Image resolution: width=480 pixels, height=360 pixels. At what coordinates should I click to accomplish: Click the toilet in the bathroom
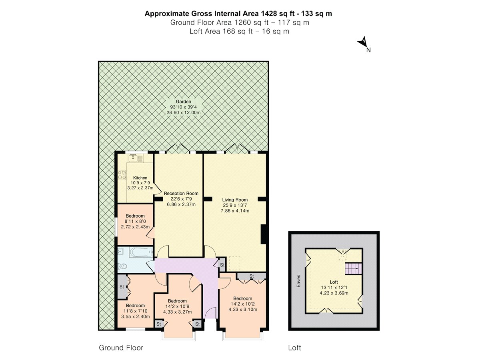[122, 266]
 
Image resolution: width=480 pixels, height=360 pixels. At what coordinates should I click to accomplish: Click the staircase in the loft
[353, 269]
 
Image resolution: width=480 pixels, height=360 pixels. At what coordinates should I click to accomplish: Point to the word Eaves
[298, 281]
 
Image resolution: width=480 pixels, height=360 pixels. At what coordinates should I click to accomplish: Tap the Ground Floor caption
[121, 348]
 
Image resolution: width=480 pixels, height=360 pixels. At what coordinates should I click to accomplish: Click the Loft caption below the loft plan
[294, 348]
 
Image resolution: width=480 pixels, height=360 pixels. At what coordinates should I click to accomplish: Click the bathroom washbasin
[121, 252]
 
